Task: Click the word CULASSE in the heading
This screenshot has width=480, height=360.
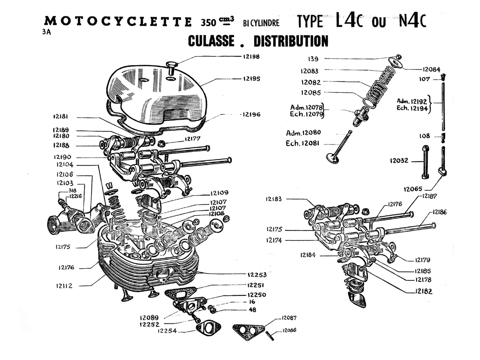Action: [211, 41]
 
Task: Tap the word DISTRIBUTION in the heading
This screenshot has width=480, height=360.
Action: [291, 41]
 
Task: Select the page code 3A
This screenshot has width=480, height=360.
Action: [46, 32]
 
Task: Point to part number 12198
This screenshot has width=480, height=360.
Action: [251, 56]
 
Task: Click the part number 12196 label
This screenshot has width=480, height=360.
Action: [251, 114]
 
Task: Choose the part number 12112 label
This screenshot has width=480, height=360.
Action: [64, 286]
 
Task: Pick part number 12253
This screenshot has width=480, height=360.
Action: [257, 274]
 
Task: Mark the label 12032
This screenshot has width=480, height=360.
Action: [399, 160]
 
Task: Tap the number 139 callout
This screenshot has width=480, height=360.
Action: [313, 59]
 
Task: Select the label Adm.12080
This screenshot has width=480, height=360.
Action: [303, 133]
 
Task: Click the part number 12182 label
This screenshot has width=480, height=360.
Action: [424, 291]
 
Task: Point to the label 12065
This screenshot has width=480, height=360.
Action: [413, 189]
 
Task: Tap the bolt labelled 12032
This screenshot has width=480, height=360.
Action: [425, 162]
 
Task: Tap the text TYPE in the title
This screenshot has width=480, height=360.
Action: [310, 22]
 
